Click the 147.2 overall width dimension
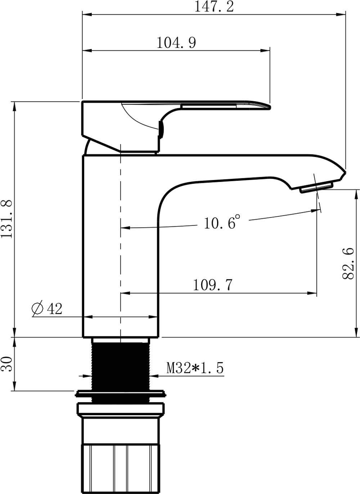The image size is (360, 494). pos(213,7)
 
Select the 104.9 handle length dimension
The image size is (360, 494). pos(176,43)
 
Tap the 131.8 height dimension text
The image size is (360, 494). pos(6,219)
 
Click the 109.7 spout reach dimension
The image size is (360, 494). pos(213,285)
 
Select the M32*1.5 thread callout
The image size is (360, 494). pos(195,368)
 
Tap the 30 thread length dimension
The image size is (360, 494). pos(6,364)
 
